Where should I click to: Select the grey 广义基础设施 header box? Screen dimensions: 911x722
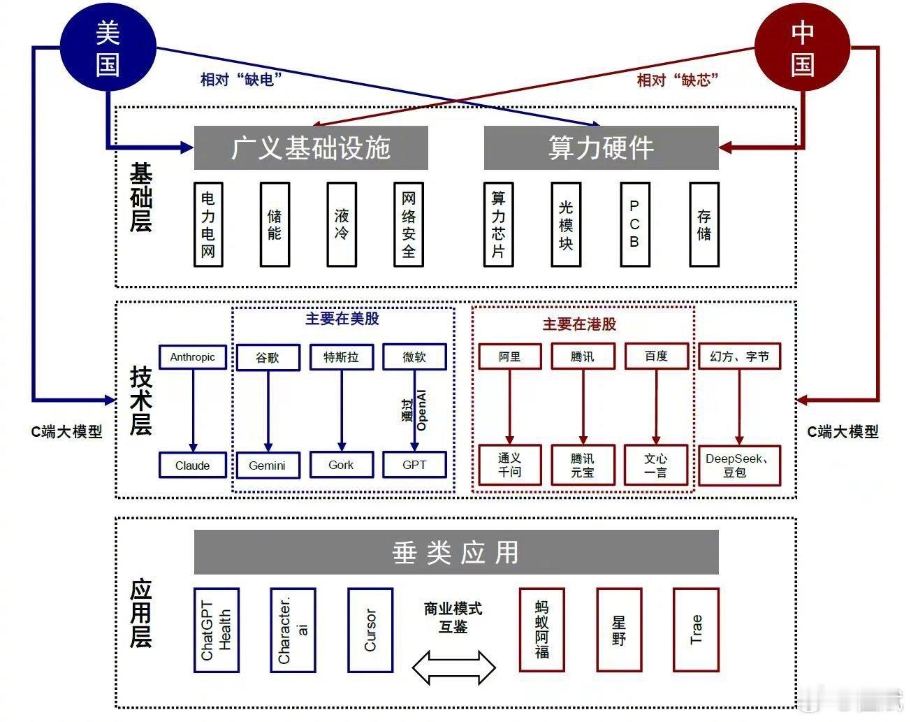click(311, 147)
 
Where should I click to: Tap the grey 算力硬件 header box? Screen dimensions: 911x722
click(601, 147)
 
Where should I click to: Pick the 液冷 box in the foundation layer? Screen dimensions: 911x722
click(342, 224)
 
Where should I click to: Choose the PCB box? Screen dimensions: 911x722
click(635, 224)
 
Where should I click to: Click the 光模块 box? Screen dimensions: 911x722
click(566, 224)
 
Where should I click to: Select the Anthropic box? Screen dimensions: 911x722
click(193, 357)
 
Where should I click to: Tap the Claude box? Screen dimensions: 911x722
click(193, 465)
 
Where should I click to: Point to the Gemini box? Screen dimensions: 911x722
click(268, 465)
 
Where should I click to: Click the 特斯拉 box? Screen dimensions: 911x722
click(342, 357)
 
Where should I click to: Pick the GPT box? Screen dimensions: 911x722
click(414, 465)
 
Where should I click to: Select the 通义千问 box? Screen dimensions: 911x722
click(510, 465)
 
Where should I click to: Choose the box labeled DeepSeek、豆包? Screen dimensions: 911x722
click(740, 465)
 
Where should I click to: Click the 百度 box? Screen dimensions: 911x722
click(657, 356)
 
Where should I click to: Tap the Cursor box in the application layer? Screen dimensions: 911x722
click(370, 630)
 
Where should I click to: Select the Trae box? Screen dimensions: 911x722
click(696, 630)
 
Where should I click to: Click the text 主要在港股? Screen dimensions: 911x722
click(580, 324)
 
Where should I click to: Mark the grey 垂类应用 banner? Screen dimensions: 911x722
click(456, 552)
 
